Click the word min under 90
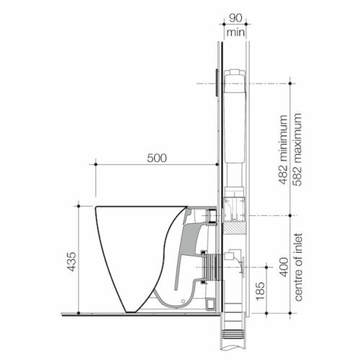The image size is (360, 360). pos(234,32)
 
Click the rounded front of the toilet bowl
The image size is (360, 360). pos(108,252)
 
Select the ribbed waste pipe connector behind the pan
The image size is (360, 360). pos(211,274)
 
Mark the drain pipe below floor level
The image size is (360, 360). pos(233,338)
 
